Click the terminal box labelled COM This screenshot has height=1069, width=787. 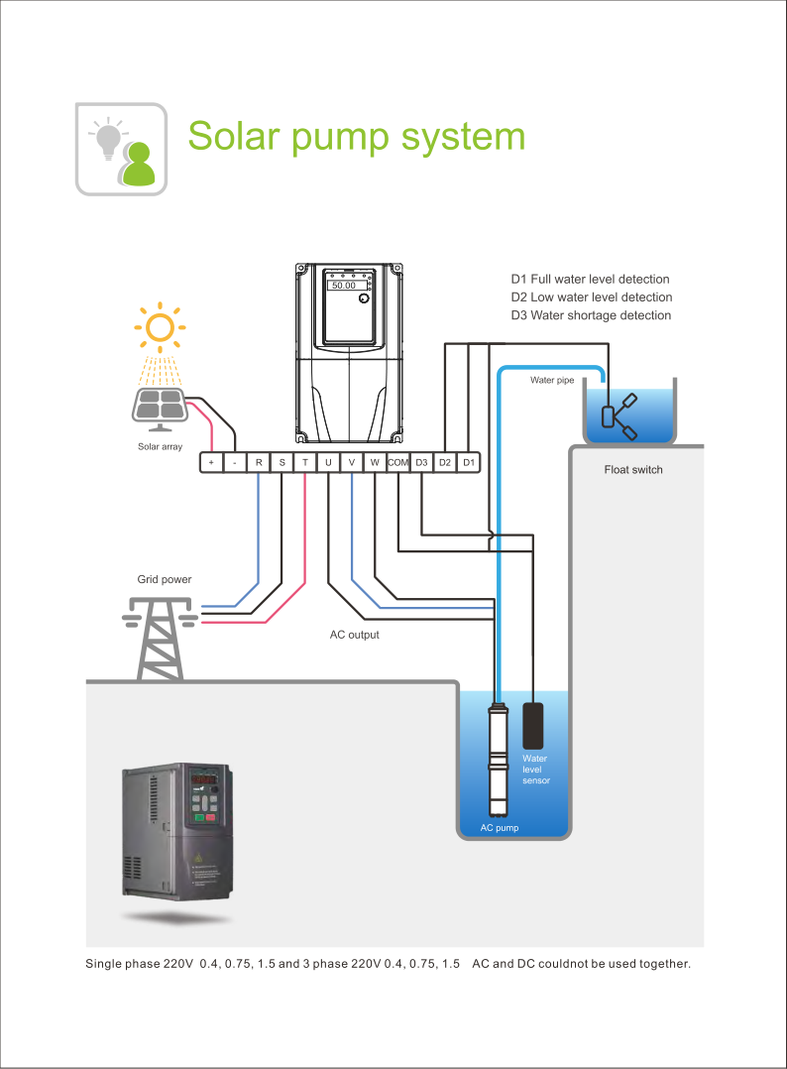(398, 462)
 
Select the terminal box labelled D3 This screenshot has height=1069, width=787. (422, 462)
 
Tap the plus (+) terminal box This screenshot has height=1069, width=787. (211, 462)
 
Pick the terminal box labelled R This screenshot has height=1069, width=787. (258, 462)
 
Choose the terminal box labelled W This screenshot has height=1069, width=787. (375, 462)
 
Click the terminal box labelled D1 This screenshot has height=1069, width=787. (469, 462)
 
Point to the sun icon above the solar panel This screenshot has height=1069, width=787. (159, 326)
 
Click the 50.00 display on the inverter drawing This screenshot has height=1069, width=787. (344, 285)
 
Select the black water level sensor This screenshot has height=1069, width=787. (534, 726)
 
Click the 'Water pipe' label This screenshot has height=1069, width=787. (551, 380)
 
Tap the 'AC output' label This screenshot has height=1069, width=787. (354, 635)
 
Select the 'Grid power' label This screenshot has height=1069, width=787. (164, 579)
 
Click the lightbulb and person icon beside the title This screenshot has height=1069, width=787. (122, 149)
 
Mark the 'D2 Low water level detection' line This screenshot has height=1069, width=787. (591, 297)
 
